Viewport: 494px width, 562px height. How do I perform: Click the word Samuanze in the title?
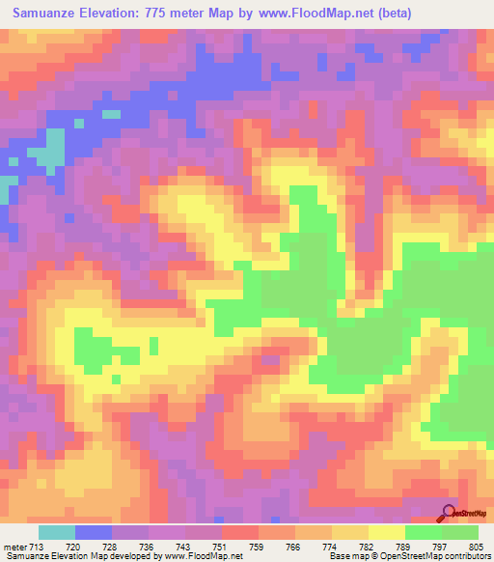[45, 14]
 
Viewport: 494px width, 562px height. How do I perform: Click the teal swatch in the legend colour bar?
[57, 532]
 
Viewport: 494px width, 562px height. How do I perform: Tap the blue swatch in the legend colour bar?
[94, 532]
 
